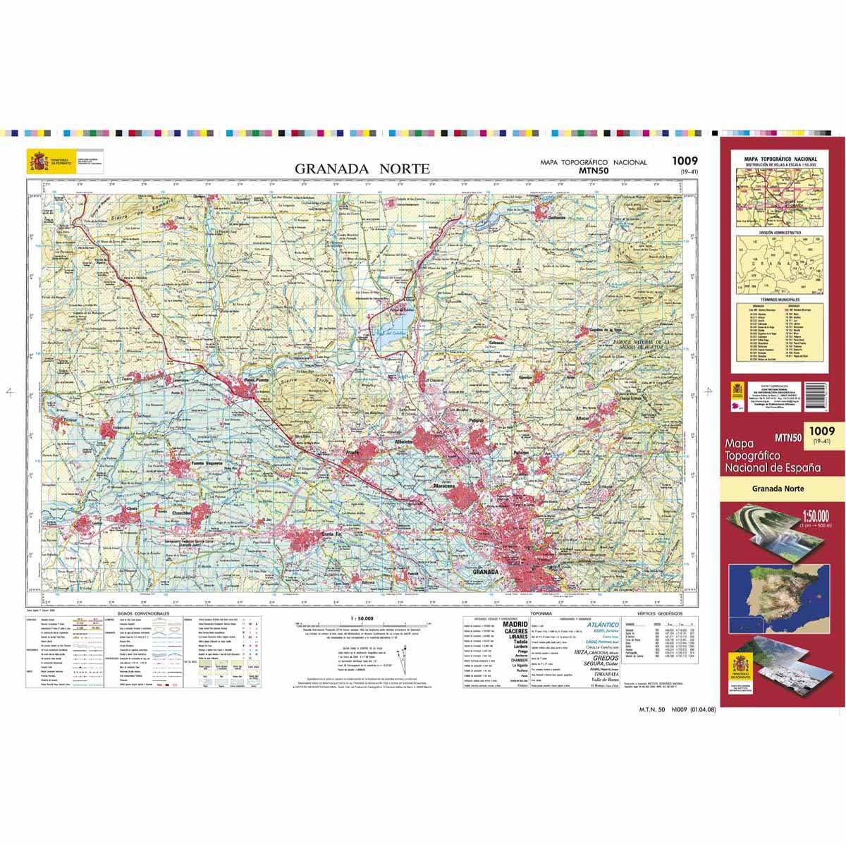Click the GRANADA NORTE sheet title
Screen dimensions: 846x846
(362, 169)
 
